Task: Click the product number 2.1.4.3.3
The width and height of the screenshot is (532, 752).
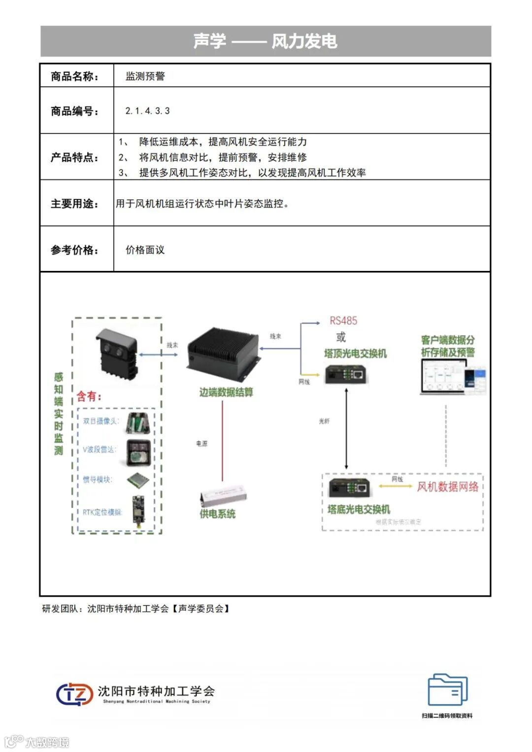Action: (147, 111)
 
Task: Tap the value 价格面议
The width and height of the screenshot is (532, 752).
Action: (145, 250)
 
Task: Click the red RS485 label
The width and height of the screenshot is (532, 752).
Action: (343, 321)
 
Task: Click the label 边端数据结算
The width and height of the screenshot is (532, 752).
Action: (226, 392)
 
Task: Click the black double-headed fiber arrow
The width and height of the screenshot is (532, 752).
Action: (346, 428)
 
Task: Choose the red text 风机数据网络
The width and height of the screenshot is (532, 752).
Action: (448, 487)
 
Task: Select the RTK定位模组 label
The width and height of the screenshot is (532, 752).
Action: (101, 512)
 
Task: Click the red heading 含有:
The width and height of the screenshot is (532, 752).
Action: (89, 396)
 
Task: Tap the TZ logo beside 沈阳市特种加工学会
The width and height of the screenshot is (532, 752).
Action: (74, 694)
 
